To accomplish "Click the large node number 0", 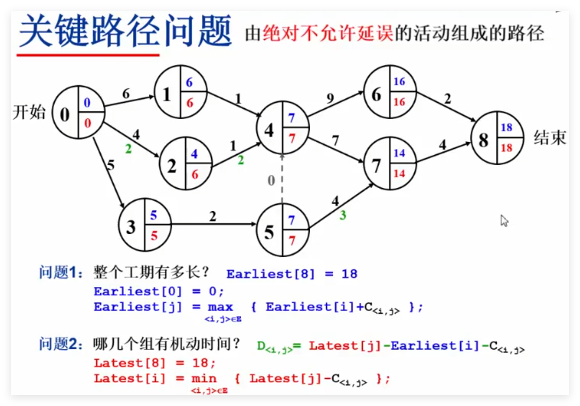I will click(65, 114).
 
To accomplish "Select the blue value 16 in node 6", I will click(399, 82).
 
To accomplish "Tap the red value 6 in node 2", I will click(195, 174).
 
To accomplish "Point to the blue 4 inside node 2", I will click(194, 154).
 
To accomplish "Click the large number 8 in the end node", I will click(483, 140).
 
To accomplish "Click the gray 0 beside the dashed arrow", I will click(271, 181).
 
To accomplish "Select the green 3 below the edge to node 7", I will click(343, 215).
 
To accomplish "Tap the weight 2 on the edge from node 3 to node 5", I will click(213, 216).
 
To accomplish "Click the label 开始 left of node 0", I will click(29, 112).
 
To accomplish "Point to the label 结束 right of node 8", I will click(550, 138).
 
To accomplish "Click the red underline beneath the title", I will click(88, 55).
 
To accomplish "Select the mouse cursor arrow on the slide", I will click(504, 221).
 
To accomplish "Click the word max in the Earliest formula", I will click(220, 307).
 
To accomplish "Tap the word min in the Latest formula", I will click(204, 379).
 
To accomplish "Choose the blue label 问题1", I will click(61, 273).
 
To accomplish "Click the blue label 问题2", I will click(61, 344).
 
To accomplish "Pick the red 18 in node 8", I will click(506, 148).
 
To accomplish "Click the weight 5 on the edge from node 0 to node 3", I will click(110, 165).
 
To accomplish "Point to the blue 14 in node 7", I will click(399, 153).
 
